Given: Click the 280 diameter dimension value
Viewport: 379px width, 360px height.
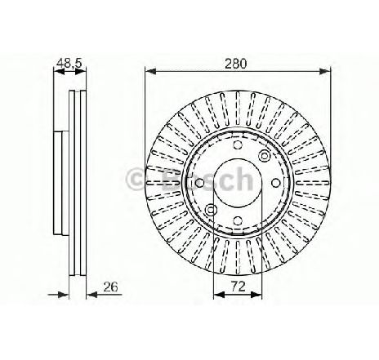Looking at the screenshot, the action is (x=236, y=64).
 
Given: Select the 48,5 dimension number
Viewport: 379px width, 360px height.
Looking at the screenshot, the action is (x=69, y=63).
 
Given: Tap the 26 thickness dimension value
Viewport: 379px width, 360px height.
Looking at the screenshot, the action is (x=110, y=287).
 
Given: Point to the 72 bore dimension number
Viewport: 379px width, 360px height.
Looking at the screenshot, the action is (x=238, y=287).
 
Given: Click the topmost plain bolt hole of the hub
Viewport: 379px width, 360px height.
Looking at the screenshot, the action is (x=238, y=145).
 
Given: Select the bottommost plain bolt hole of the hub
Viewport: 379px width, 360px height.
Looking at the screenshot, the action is (x=238, y=220).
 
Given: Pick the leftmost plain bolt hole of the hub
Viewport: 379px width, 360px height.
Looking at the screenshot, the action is (x=200, y=183).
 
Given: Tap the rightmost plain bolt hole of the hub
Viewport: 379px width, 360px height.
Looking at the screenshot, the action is (x=275, y=183).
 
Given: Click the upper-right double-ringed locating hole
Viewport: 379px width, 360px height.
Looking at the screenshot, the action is (x=265, y=156).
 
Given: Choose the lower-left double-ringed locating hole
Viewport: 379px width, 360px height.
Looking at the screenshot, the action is (x=211, y=210).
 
